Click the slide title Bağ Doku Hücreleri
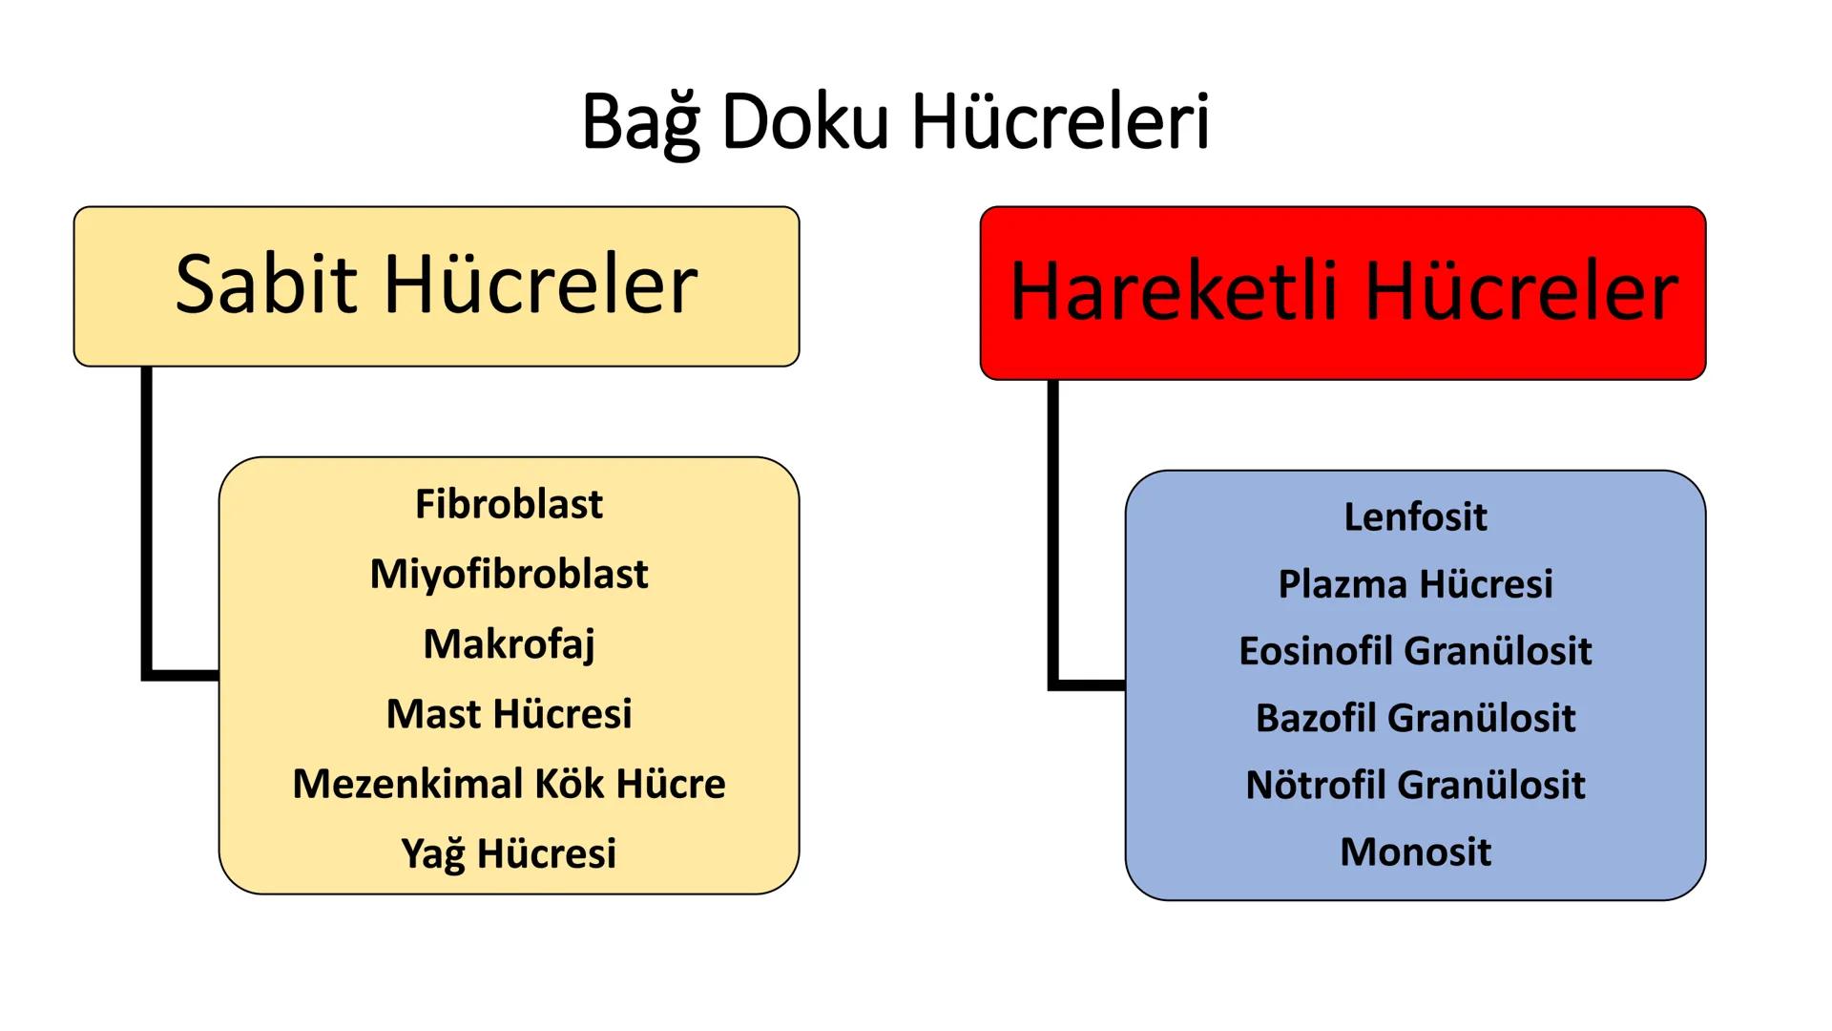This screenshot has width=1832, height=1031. pos(895,122)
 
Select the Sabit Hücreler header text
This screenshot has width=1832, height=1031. pos(436,284)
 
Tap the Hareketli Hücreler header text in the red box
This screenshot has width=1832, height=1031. pos(1343,291)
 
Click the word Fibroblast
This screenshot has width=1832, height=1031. pos(509,504)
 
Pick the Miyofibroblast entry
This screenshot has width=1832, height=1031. pos(509,574)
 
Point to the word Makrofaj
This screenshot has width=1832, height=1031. pos(509,644)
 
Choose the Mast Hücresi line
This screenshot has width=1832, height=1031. pos(509,714)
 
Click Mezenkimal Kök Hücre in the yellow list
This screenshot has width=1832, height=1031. pos(509,784)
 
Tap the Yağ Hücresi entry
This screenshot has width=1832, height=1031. pos(509,853)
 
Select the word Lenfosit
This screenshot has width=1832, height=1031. pos(1415,517)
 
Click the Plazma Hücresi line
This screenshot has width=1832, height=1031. pos(1415,584)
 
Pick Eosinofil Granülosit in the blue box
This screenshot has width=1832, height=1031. pos(1415,651)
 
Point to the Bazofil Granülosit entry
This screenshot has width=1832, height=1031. pos(1415,718)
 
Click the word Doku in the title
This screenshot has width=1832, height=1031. pos(804,122)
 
